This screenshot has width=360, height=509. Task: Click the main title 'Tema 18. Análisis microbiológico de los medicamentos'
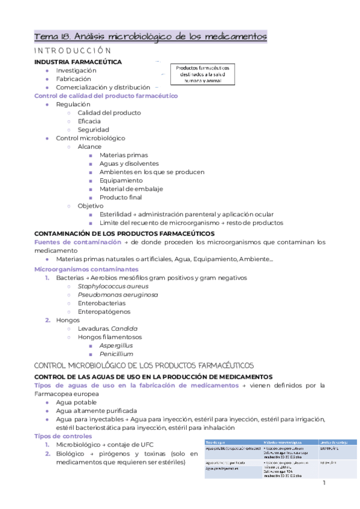click(151, 37)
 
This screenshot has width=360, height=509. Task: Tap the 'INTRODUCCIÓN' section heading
click(73, 51)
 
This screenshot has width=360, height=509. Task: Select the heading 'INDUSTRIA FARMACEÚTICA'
click(78, 62)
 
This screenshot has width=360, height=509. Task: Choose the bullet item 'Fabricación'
click(74, 79)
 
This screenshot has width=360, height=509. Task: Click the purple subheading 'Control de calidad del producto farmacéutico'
click(106, 95)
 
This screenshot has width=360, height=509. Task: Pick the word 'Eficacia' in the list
click(89, 121)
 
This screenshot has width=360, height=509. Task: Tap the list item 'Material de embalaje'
click(130, 188)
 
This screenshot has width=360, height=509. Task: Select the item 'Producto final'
click(121, 197)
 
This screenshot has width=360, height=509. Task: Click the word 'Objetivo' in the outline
click(90, 206)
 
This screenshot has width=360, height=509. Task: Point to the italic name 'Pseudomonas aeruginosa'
click(118, 295)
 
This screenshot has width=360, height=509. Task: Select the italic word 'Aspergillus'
click(116, 345)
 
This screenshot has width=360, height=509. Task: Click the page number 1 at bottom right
click(323, 483)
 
